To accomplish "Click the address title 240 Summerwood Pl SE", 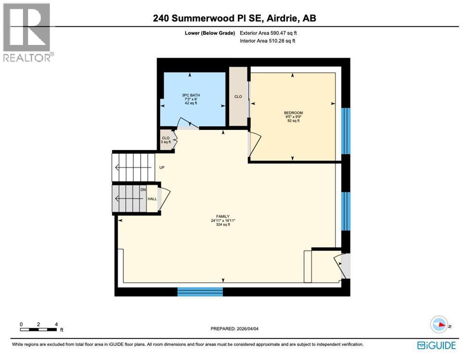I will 234,18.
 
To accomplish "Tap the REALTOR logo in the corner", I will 27,32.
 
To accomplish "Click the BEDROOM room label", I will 293,113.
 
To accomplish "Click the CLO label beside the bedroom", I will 238,97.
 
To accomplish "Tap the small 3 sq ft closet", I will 166,140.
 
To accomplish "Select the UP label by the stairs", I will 162,167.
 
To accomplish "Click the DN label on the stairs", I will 143,189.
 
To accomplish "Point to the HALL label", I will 152,199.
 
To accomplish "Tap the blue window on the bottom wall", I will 200,292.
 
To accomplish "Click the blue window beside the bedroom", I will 346,131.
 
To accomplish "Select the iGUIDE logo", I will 436,345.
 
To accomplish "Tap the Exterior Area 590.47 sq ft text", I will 268,33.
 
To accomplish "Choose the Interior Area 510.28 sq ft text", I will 267,41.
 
